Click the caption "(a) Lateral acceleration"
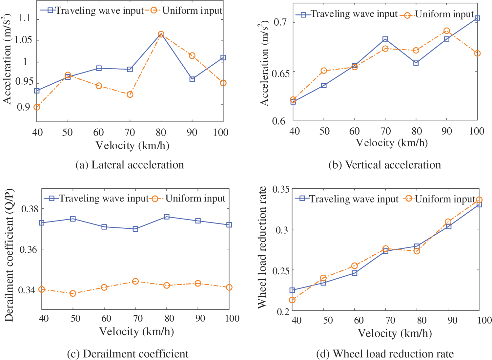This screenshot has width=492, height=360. coord(130,165)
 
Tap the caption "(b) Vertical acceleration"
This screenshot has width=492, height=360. coord(384,165)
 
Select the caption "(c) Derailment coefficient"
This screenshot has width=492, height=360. coord(128,354)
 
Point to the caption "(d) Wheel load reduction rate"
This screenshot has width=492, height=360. coord(385,354)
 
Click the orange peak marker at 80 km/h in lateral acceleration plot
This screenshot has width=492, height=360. coord(161,34)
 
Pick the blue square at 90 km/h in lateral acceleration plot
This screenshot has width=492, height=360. coord(192,79)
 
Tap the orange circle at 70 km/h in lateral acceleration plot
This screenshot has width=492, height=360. coord(130,95)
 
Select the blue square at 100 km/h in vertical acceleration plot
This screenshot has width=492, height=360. coord(478,18)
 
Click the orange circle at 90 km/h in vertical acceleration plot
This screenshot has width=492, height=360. coord(446,31)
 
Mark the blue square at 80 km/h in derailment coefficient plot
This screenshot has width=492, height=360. coord(167,217)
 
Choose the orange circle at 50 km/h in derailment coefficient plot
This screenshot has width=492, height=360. coord(73,293)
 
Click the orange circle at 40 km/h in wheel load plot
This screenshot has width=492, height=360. coord(292,300)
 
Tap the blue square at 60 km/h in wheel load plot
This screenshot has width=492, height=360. coord(355,273)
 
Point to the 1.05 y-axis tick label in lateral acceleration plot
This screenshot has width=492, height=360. coord(23,40)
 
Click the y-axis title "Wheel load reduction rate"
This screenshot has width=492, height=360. coord(262,247)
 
